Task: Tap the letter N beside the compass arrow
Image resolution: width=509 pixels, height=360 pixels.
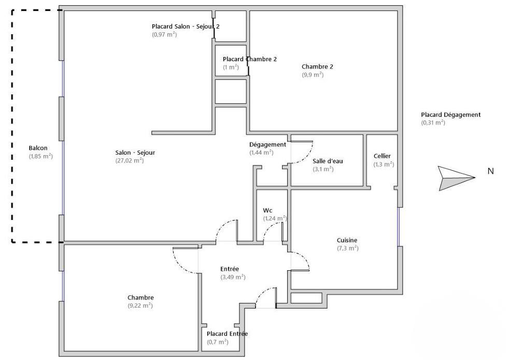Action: coord(490,171)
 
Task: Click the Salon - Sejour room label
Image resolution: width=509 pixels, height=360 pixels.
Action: coord(135,153)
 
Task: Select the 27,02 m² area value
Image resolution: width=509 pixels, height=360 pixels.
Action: coord(130,160)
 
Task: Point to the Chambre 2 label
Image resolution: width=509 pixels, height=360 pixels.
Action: coord(317,66)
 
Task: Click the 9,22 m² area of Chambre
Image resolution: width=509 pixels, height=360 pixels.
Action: coord(140,306)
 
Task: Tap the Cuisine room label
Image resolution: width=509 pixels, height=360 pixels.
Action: coord(347,240)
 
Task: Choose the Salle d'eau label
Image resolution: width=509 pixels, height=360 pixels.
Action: coord(328,161)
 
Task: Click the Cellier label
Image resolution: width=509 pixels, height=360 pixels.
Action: coord(382,156)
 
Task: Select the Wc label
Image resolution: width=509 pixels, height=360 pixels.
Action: coord(267,211)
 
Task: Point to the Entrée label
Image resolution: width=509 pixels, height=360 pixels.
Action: coord(230,269)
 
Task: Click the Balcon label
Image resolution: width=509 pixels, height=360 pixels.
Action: coord(38,148)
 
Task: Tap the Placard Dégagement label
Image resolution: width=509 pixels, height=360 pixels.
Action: coord(450,115)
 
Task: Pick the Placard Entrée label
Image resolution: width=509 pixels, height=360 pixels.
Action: coord(227,334)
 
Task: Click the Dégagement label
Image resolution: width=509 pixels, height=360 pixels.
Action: coord(268,145)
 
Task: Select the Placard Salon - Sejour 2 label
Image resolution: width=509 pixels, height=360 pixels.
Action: coord(186,26)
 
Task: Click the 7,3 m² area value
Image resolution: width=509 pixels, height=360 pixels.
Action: coord(348,248)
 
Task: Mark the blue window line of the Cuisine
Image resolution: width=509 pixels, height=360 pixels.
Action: coord(399,227)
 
